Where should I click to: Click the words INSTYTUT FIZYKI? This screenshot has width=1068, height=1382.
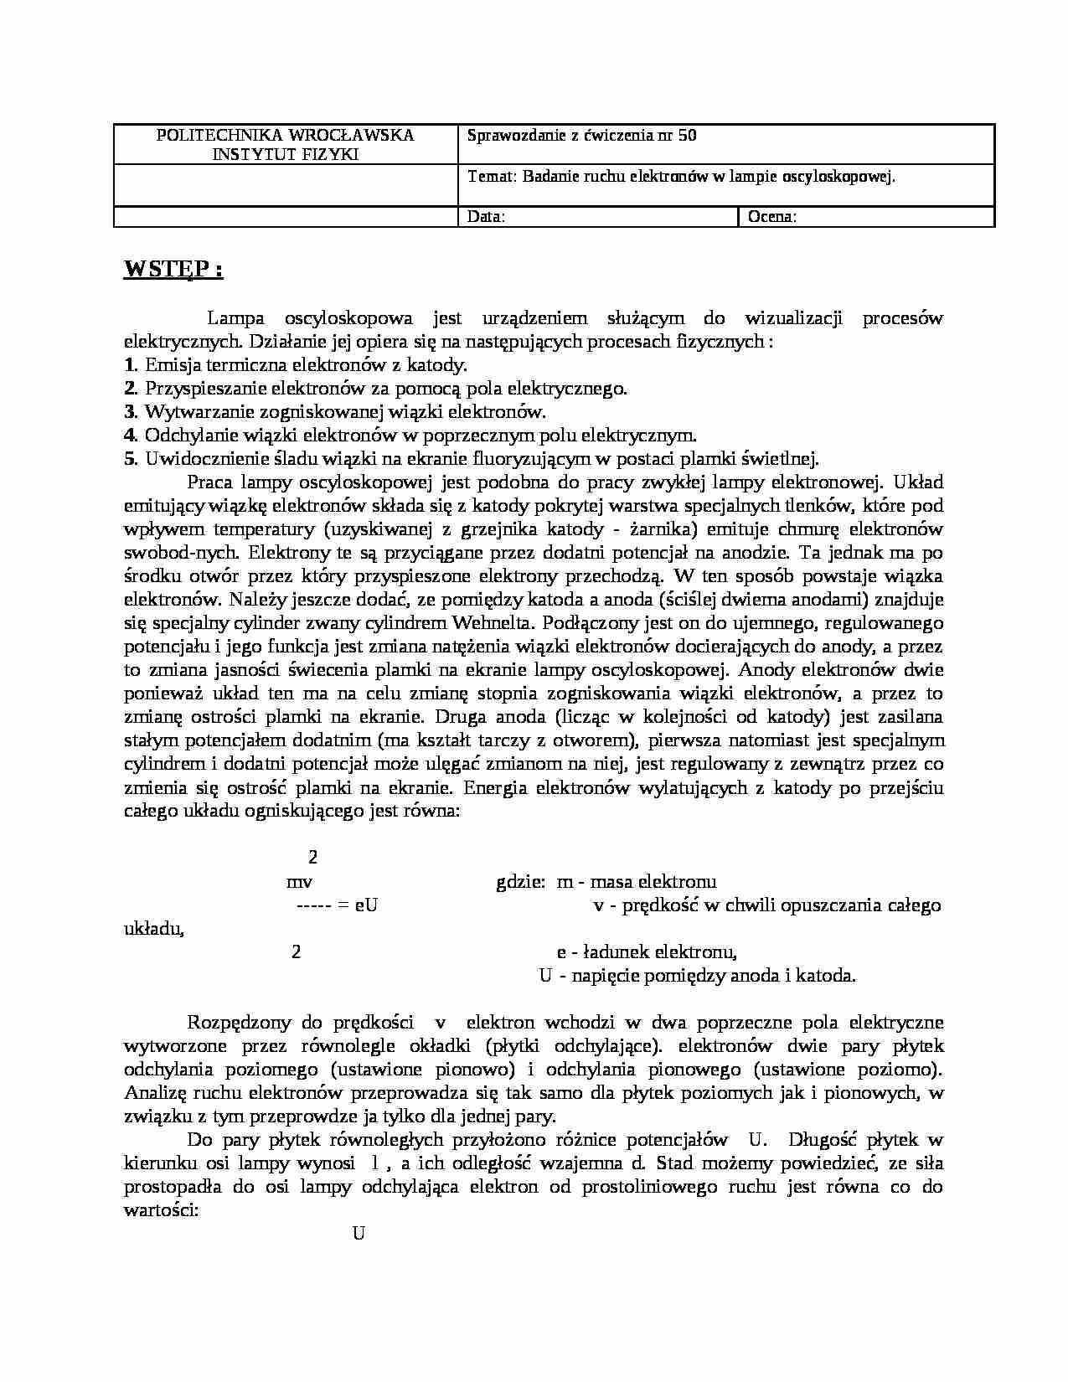point(285,154)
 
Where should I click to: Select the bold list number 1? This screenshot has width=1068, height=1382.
point(129,365)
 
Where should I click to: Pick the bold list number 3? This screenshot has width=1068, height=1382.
point(129,412)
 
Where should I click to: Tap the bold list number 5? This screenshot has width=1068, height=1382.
point(129,459)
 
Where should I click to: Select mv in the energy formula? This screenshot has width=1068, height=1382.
point(299,882)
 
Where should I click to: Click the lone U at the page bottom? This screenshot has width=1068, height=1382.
point(359,1233)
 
